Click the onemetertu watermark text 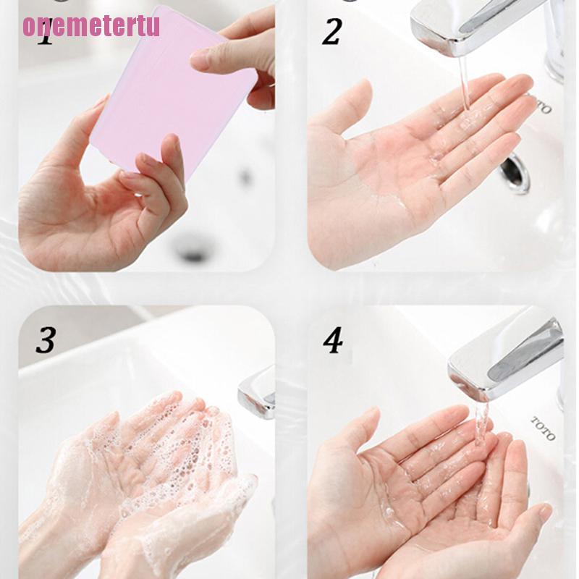pyautogui.click(x=91, y=25)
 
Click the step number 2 pyautogui.click(x=331, y=33)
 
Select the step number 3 pyautogui.click(x=45, y=340)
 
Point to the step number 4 pyautogui.click(x=332, y=340)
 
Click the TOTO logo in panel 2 pyautogui.click(x=539, y=103)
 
